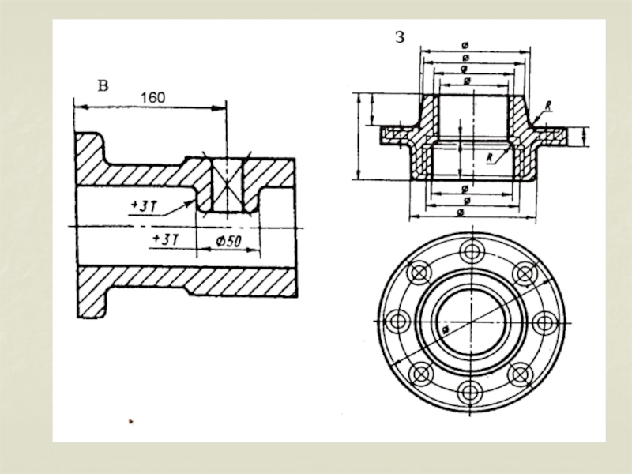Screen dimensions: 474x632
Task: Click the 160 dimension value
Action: pyautogui.click(x=152, y=97)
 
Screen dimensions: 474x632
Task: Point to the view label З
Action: pyautogui.click(x=401, y=36)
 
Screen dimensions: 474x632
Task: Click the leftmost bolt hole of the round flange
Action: pyautogui.click(x=400, y=322)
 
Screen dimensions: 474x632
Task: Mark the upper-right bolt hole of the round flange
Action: pyautogui.click(x=522, y=273)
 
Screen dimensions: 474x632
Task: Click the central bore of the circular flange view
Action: pyautogui.click(x=471, y=321)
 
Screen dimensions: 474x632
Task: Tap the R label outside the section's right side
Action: pyautogui.click(x=547, y=104)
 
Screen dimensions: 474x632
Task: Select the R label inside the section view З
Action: pyautogui.click(x=491, y=157)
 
